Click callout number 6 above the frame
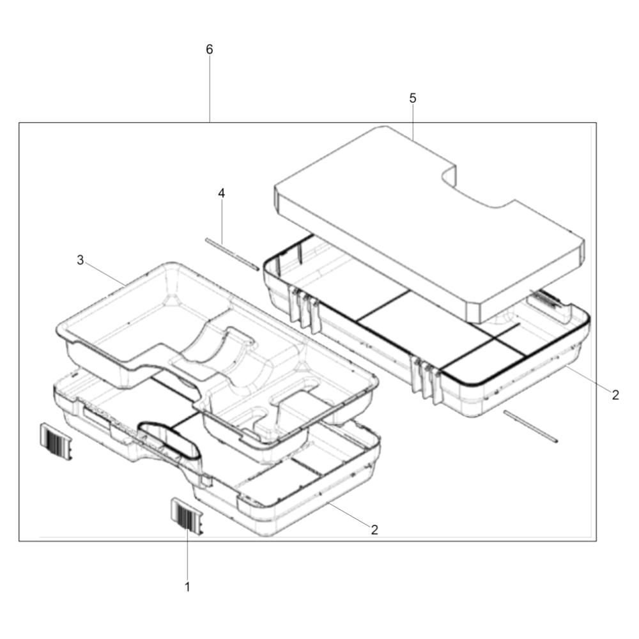[209, 50]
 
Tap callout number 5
[413, 98]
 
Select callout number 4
[221, 193]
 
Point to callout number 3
[81, 259]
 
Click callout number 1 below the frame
[187, 587]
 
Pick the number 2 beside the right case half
[615, 394]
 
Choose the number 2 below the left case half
[374, 529]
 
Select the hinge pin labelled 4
[232, 254]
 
